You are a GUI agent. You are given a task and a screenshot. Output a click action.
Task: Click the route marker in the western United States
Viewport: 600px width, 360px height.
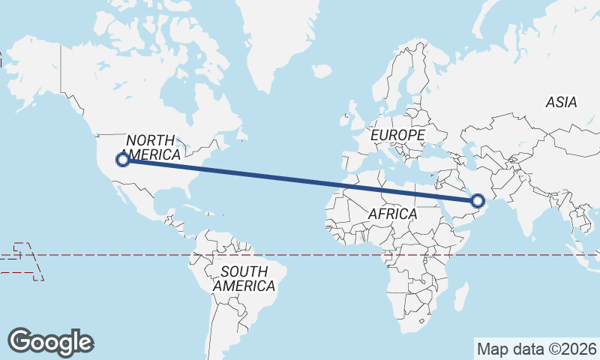coord(122,159)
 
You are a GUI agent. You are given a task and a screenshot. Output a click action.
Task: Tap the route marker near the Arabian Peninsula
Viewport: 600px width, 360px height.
coord(478,200)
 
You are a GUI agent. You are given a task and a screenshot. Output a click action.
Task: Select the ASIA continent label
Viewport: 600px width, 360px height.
coord(561,103)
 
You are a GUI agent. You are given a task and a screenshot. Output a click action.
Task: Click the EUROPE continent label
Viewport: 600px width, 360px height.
coord(398,135)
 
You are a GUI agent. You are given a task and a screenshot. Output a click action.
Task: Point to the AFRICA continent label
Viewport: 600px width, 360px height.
coord(392,214)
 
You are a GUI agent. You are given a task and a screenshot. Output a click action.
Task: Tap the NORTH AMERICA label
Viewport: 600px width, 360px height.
coord(151,148)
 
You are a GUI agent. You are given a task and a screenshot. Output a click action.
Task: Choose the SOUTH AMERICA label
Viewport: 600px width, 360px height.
coord(243,278)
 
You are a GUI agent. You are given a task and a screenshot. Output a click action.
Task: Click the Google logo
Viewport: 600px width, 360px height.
coord(50,341)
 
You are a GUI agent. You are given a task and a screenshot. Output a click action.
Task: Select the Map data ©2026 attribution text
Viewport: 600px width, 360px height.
coord(536,349)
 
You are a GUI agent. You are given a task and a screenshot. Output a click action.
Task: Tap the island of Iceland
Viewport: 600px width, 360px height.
coord(321,71)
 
